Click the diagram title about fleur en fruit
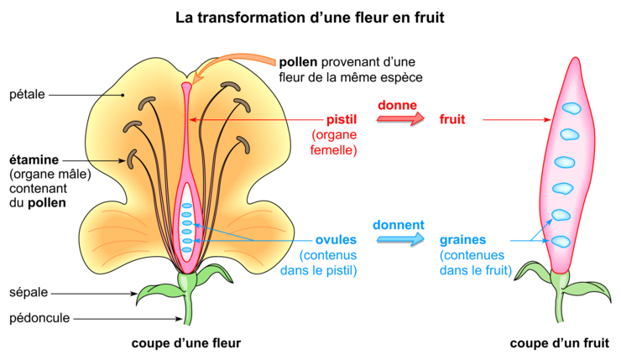tap(310, 18)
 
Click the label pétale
tap(27, 95)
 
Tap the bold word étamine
tap(34, 160)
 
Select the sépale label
tap(29, 293)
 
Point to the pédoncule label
tap(39, 318)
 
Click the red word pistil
tap(342, 120)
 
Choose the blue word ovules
tap(336, 240)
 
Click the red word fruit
tap(451, 120)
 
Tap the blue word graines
tap(462, 240)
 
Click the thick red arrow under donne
tap(400, 119)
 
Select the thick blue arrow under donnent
tap(400, 239)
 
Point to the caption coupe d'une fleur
tap(186, 343)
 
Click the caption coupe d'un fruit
tap(559, 343)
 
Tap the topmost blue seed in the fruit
tap(571, 108)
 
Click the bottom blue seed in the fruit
tap(561, 242)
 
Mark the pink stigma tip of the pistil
tap(186, 85)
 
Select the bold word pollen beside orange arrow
tap(298, 62)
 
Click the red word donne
tap(397, 106)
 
